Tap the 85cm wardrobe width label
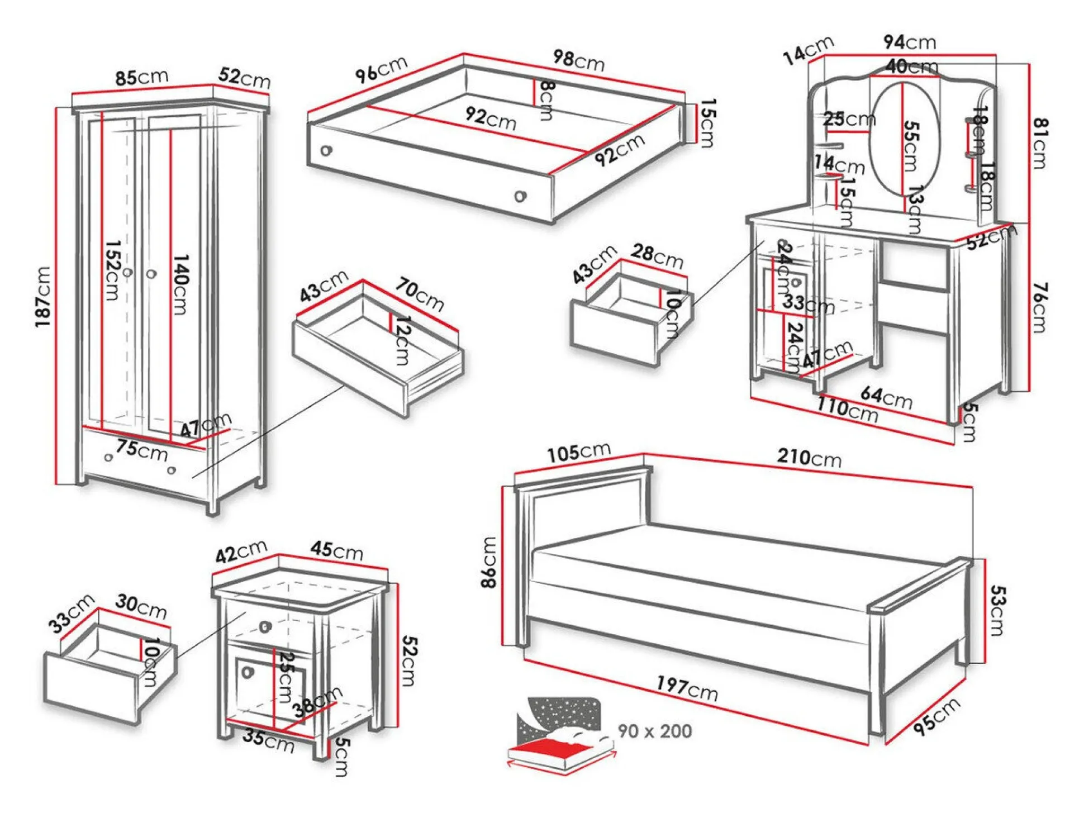pos(141,77)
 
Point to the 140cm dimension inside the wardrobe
pos(180,284)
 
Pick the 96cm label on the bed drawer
pos(382,69)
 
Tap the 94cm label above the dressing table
pos(910,42)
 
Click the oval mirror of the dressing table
pos(904,140)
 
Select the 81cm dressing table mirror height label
pos(1039,143)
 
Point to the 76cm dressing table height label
pos(1039,307)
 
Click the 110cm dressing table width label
pos(847,410)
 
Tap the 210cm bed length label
pos(809,458)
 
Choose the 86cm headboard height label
pos(488,562)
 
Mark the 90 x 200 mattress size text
pos(654,731)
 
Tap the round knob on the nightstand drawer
pos(265,626)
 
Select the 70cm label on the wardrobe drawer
pos(420,294)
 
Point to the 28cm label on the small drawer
pos(657,256)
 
